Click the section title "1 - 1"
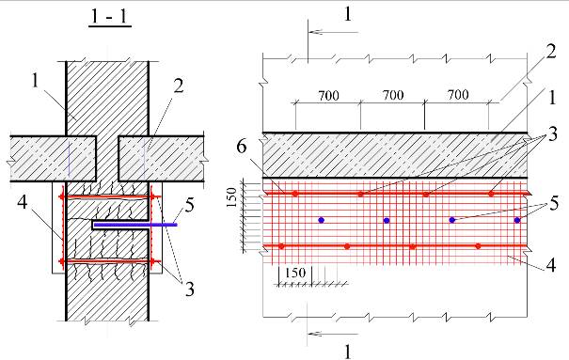point(110,17)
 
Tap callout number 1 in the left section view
point(35,81)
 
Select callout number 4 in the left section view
point(23,202)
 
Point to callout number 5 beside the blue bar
point(189,206)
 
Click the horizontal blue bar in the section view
point(135,225)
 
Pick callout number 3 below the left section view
point(190,289)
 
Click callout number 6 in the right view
point(242,147)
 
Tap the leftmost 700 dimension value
point(329,96)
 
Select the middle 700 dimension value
point(393,95)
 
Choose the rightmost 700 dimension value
point(458,95)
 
